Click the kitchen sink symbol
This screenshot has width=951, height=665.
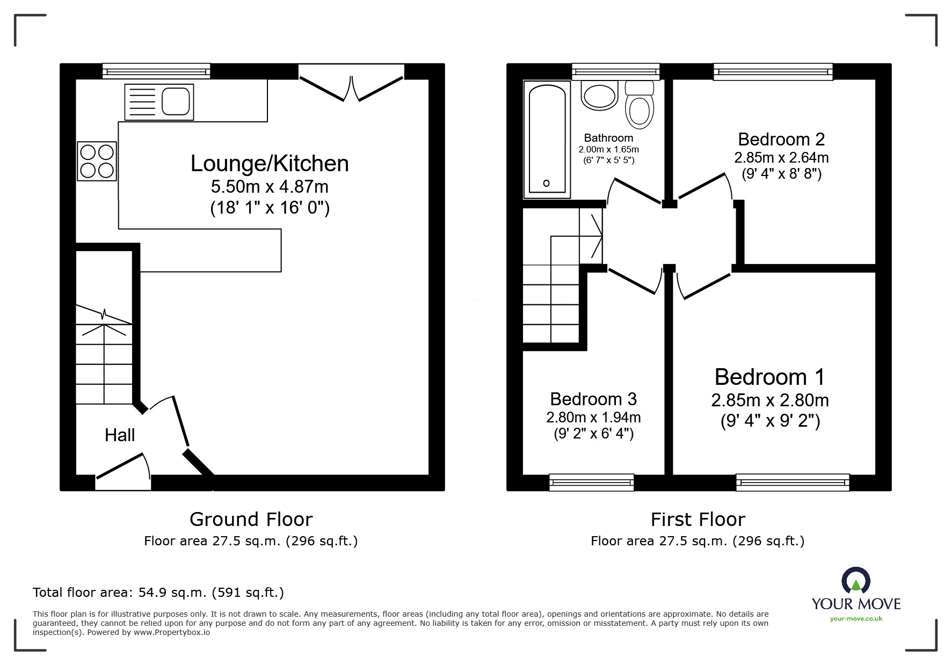click(x=159, y=102)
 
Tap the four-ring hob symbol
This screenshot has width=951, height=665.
click(x=97, y=161)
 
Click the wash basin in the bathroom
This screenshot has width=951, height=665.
click(x=600, y=96)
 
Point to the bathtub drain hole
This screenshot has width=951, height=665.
click(x=546, y=183)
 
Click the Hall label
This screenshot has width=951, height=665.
click(x=120, y=435)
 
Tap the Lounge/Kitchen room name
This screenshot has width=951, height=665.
click(x=270, y=164)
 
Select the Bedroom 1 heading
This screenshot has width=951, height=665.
click(x=769, y=377)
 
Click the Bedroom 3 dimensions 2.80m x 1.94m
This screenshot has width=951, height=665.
click(x=593, y=417)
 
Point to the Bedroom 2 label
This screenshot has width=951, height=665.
click(x=781, y=140)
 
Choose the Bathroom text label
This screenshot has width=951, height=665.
click(x=608, y=138)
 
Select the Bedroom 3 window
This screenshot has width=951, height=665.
click(x=592, y=482)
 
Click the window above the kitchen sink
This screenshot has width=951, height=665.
click(x=156, y=71)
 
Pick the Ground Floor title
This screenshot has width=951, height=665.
click(x=251, y=520)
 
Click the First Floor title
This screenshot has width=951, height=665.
click(x=698, y=520)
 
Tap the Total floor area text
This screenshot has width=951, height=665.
click(x=158, y=593)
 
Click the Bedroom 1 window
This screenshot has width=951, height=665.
click(x=793, y=482)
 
